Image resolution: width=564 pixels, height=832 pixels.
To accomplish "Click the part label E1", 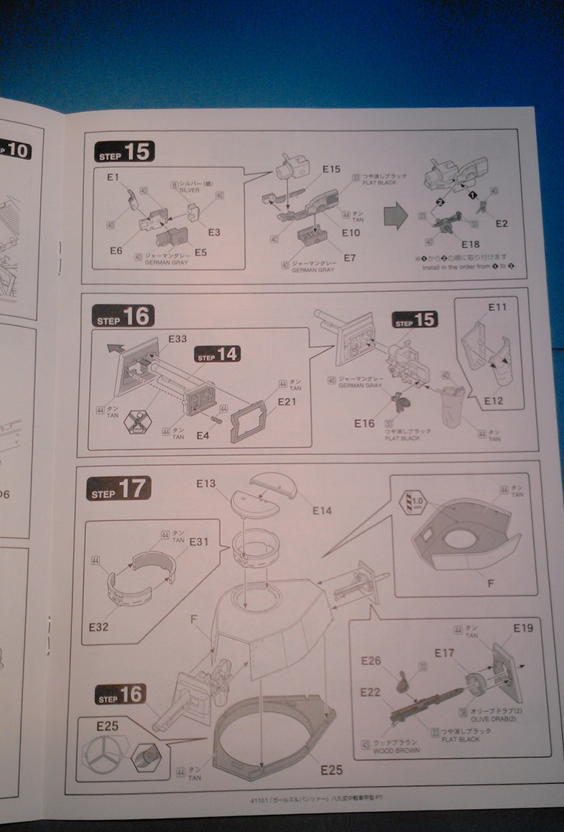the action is click(x=113, y=176).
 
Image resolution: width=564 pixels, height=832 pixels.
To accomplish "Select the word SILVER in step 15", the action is click(x=191, y=190).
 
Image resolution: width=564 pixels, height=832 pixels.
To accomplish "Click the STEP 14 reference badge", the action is click(x=216, y=354).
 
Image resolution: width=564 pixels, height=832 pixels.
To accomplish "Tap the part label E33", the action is click(x=177, y=338).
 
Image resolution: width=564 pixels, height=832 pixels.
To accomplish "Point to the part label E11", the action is click(x=497, y=308).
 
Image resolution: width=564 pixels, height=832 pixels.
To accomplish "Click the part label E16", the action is click(x=363, y=423).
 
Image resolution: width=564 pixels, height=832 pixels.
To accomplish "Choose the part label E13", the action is click(x=206, y=484).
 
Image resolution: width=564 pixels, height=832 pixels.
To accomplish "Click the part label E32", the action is click(x=99, y=627).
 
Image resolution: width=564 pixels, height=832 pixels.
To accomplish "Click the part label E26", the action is click(x=371, y=661).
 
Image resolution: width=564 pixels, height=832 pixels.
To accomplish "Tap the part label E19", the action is click(x=523, y=629).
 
